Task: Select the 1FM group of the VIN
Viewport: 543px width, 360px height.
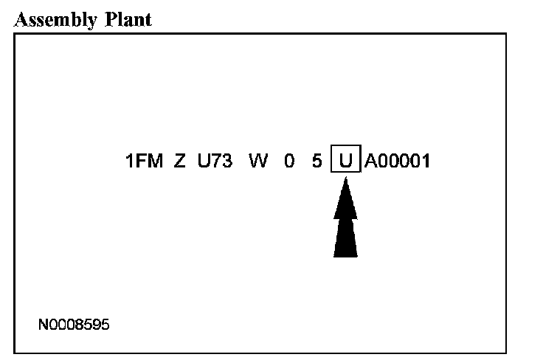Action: (x=144, y=160)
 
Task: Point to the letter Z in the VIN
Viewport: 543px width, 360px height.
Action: (x=179, y=160)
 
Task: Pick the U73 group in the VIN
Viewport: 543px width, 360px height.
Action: (x=215, y=160)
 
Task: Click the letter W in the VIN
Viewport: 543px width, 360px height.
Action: (x=258, y=160)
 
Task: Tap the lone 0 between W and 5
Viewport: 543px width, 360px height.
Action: (x=290, y=160)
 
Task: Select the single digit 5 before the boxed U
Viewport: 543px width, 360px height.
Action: (x=317, y=160)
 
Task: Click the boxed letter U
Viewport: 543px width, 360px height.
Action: (x=345, y=160)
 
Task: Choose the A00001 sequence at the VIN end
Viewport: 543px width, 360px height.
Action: (x=397, y=160)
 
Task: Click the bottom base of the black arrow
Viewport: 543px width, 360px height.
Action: (x=345, y=255)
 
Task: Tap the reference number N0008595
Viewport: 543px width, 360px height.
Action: (x=75, y=324)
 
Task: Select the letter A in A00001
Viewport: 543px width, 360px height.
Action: (x=370, y=160)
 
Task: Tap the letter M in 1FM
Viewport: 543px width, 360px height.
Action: (x=154, y=160)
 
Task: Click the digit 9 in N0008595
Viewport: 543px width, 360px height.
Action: (x=97, y=324)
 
